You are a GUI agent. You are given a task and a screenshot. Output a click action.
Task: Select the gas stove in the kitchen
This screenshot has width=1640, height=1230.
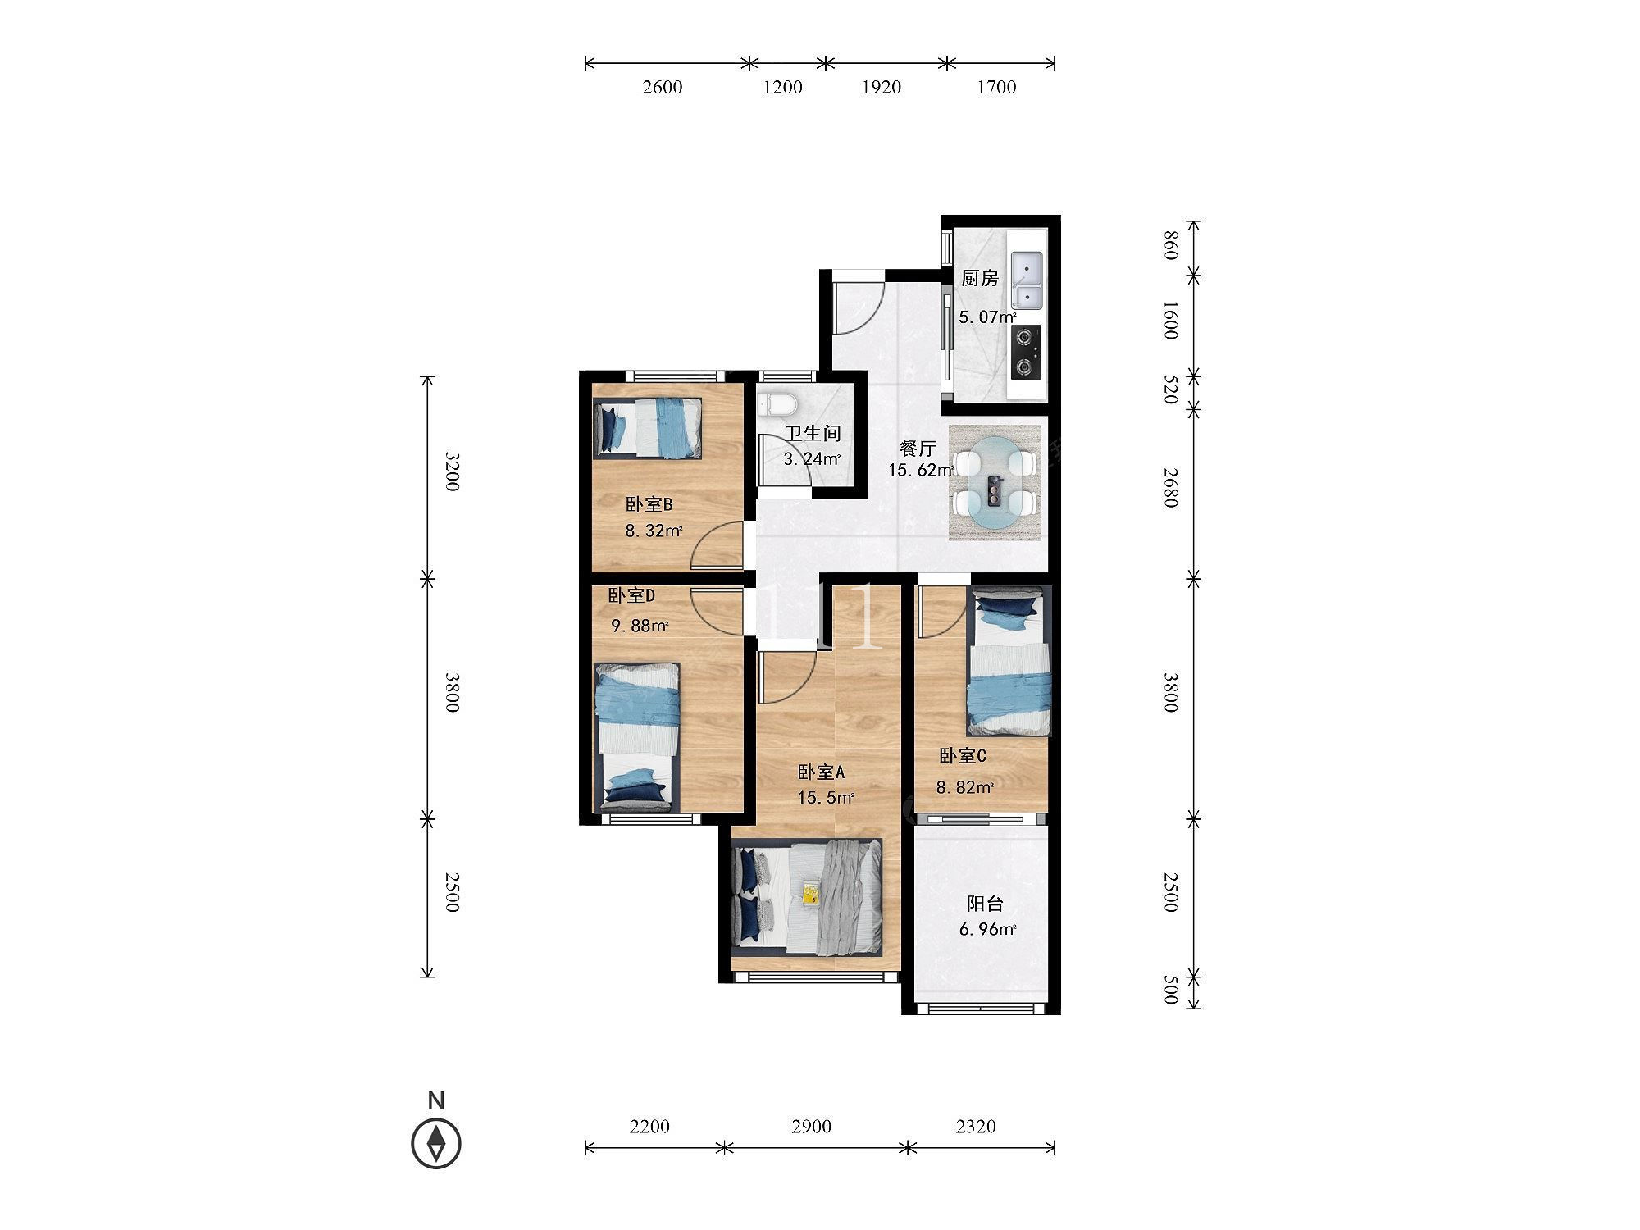coord(1026,352)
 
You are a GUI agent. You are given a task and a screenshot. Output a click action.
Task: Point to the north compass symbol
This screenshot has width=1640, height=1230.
coord(436,1142)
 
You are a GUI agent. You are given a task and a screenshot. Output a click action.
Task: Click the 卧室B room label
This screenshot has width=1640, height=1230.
coord(649,504)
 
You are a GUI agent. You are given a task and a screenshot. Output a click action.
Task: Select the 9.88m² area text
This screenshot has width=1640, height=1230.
coord(640,626)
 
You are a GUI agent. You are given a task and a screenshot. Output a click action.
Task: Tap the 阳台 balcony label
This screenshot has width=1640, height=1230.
coord(985,904)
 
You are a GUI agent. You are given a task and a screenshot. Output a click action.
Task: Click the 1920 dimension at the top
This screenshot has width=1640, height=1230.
coord(881,87)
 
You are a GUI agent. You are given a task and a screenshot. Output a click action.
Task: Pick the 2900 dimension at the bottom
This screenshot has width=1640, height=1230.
coord(812,1127)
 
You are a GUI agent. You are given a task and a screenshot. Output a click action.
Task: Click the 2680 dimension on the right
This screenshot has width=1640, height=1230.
coord(1171,487)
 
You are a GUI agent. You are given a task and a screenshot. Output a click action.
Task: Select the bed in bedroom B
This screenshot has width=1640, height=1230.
coord(648,427)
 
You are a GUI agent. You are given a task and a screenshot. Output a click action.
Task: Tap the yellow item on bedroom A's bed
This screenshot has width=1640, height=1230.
coord(811,891)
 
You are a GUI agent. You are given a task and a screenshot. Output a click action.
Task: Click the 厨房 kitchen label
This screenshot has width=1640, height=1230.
coord(980,279)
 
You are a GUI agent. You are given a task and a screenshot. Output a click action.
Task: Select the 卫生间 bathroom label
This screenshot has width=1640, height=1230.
coord(813,434)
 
